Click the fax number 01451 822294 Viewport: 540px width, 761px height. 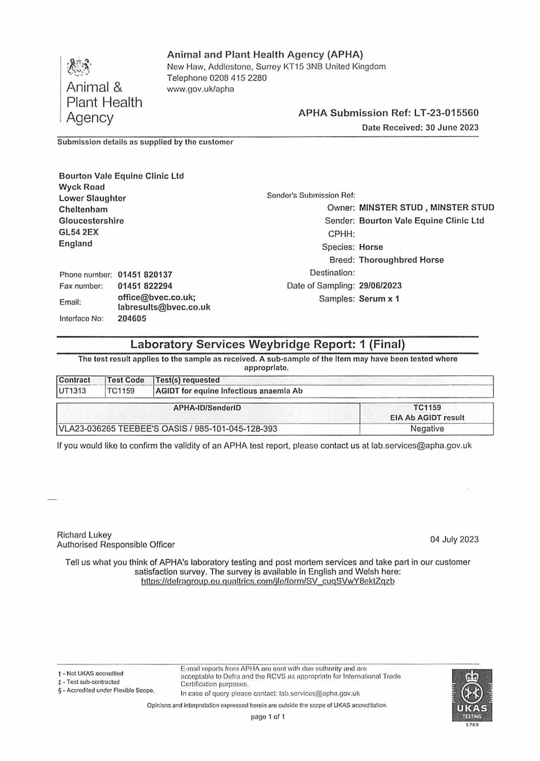[145, 286]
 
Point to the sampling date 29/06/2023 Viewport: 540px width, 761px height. [380, 286]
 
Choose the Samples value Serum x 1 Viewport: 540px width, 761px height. [379, 299]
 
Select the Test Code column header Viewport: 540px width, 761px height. [125, 380]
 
